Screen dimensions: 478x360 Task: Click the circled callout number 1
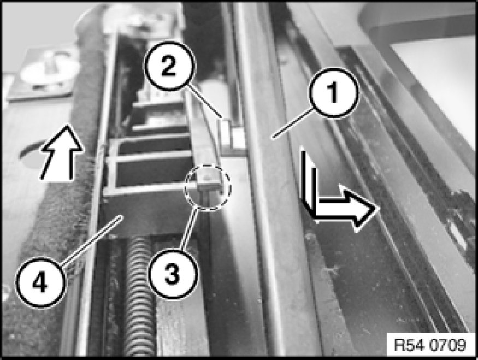(x=334, y=93)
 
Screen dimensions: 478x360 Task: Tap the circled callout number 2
(x=169, y=66)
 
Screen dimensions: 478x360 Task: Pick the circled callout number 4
(x=40, y=282)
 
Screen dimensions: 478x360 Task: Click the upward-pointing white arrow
(x=62, y=152)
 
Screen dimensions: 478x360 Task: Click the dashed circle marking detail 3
(x=207, y=187)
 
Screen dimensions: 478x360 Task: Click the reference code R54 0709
(x=430, y=345)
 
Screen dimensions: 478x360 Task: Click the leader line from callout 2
(x=203, y=102)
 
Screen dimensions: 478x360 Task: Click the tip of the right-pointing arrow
(x=379, y=208)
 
